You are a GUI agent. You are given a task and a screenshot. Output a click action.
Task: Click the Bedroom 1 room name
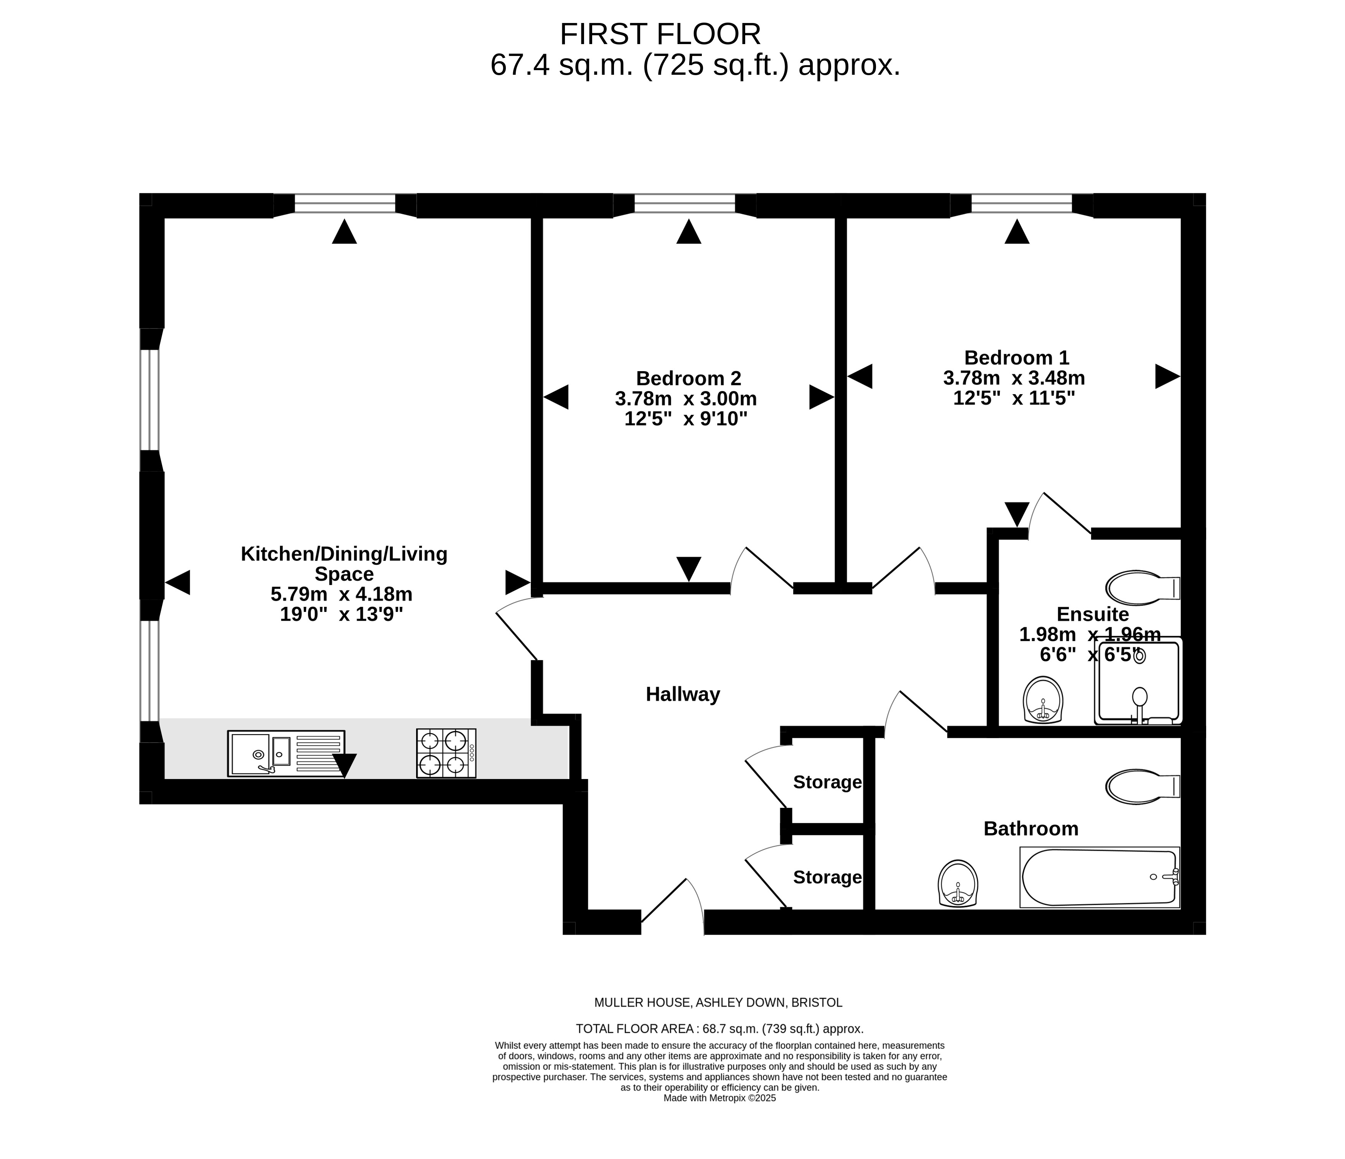coord(1017,358)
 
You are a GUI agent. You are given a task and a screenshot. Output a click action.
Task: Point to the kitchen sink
coord(286,753)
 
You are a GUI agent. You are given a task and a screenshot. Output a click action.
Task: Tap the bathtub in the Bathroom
coord(1100,877)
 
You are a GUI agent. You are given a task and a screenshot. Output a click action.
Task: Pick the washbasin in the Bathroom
coord(958,883)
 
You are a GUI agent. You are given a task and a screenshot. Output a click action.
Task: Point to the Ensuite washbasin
coord(1043,700)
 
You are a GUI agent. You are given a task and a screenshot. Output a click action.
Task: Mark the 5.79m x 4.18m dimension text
coord(341,594)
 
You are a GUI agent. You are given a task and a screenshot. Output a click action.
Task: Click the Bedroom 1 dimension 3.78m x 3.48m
coord(1014,378)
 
